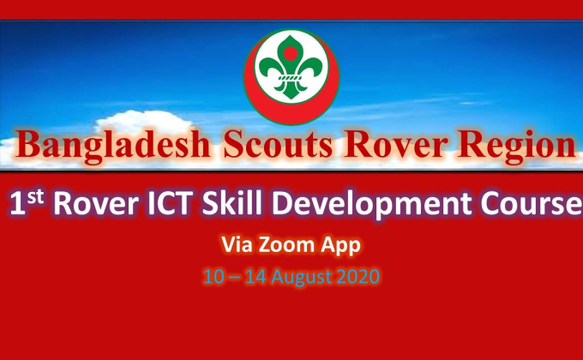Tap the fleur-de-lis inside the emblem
coord(291,69)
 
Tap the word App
coord(340,245)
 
